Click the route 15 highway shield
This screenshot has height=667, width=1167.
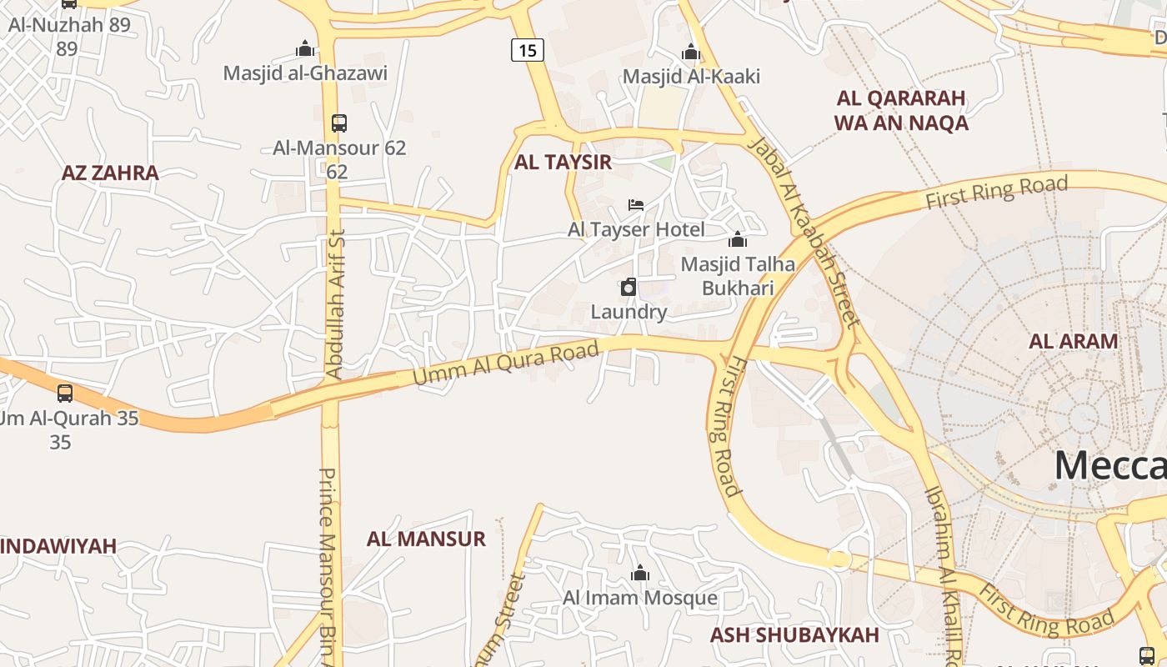(x=528, y=50)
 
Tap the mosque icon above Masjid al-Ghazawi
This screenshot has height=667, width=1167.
(x=305, y=48)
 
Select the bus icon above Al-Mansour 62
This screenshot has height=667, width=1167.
(x=338, y=123)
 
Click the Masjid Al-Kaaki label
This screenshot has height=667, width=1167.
(x=691, y=77)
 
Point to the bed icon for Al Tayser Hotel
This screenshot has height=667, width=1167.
(x=636, y=205)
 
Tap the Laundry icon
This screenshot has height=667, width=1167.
(x=629, y=288)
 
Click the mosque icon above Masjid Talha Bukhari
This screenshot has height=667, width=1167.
(x=738, y=240)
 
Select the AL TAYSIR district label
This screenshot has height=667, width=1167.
(x=563, y=162)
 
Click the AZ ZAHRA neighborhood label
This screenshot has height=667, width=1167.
(x=110, y=173)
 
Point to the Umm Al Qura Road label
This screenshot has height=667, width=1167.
(x=506, y=364)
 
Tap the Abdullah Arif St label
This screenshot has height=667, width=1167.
(x=335, y=304)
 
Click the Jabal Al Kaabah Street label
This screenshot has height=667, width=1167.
(x=803, y=231)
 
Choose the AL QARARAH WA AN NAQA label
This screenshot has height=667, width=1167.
(x=901, y=110)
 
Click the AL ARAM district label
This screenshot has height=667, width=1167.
(x=1073, y=340)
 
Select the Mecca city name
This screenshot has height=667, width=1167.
(x=1109, y=464)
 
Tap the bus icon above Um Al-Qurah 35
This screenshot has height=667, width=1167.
(x=65, y=393)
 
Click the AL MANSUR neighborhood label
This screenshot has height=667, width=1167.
(x=426, y=539)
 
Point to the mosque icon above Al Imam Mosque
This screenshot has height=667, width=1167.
(x=640, y=573)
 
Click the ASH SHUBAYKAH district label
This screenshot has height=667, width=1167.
(x=794, y=634)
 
